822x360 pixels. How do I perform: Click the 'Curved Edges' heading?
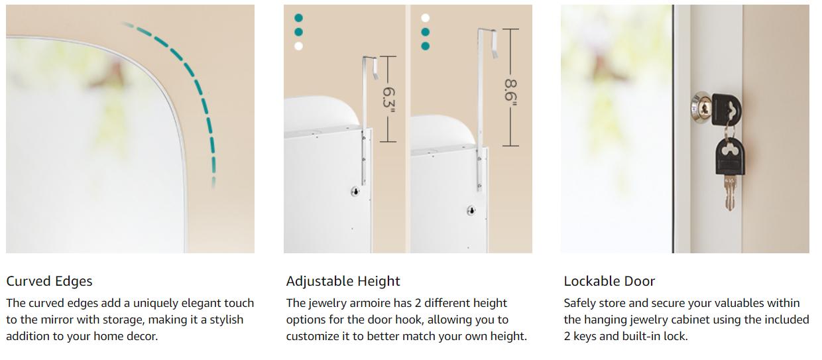pos(49,281)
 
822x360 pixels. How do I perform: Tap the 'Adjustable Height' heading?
pos(343,281)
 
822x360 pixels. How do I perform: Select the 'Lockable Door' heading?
pos(609,281)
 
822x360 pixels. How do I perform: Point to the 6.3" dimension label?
pos(388,97)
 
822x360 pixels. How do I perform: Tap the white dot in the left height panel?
pos(299,46)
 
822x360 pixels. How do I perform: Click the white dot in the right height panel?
pos(426,18)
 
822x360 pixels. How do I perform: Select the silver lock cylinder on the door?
pos(701,108)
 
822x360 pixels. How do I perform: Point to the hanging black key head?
pos(731,156)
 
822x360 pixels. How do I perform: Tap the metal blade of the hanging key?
pos(729,193)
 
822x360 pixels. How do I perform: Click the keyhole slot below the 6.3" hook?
pos(355,191)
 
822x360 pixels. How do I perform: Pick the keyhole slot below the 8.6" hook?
pos(471,211)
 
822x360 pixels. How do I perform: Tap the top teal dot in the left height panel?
pos(299,18)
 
